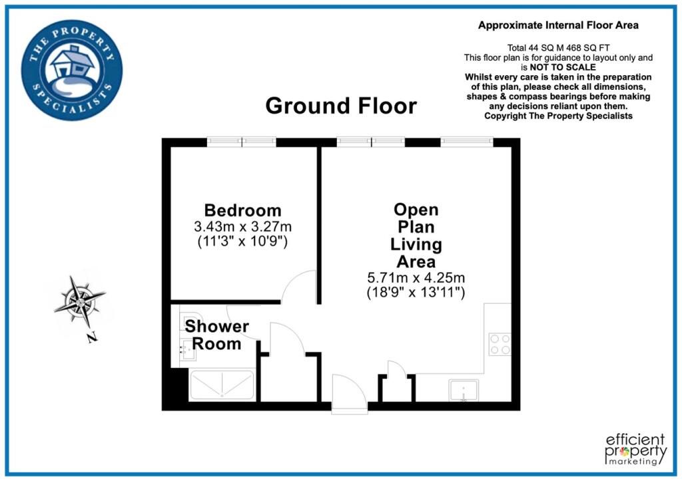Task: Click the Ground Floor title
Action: (x=341, y=106)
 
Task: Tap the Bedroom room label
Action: (x=242, y=210)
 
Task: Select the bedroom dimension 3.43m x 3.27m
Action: (x=242, y=226)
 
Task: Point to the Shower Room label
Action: (x=216, y=335)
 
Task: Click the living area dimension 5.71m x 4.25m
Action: (x=416, y=277)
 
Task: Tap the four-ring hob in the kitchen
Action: (x=500, y=344)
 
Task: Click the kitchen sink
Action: (x=464, y=390)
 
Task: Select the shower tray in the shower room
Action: (x=222, y=385)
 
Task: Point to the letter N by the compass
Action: (x=91, y=337)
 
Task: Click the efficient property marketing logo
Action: (x=635, y=449)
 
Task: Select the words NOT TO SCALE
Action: (x=563, y=67)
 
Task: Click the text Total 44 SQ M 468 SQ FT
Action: (x=559, y=48)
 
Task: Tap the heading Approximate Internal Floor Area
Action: (x=559, y=25)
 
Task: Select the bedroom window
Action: (x=241, y=142)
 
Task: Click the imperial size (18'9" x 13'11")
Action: (x=416, y=292)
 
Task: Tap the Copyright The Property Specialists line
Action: (x=559, y=116)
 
